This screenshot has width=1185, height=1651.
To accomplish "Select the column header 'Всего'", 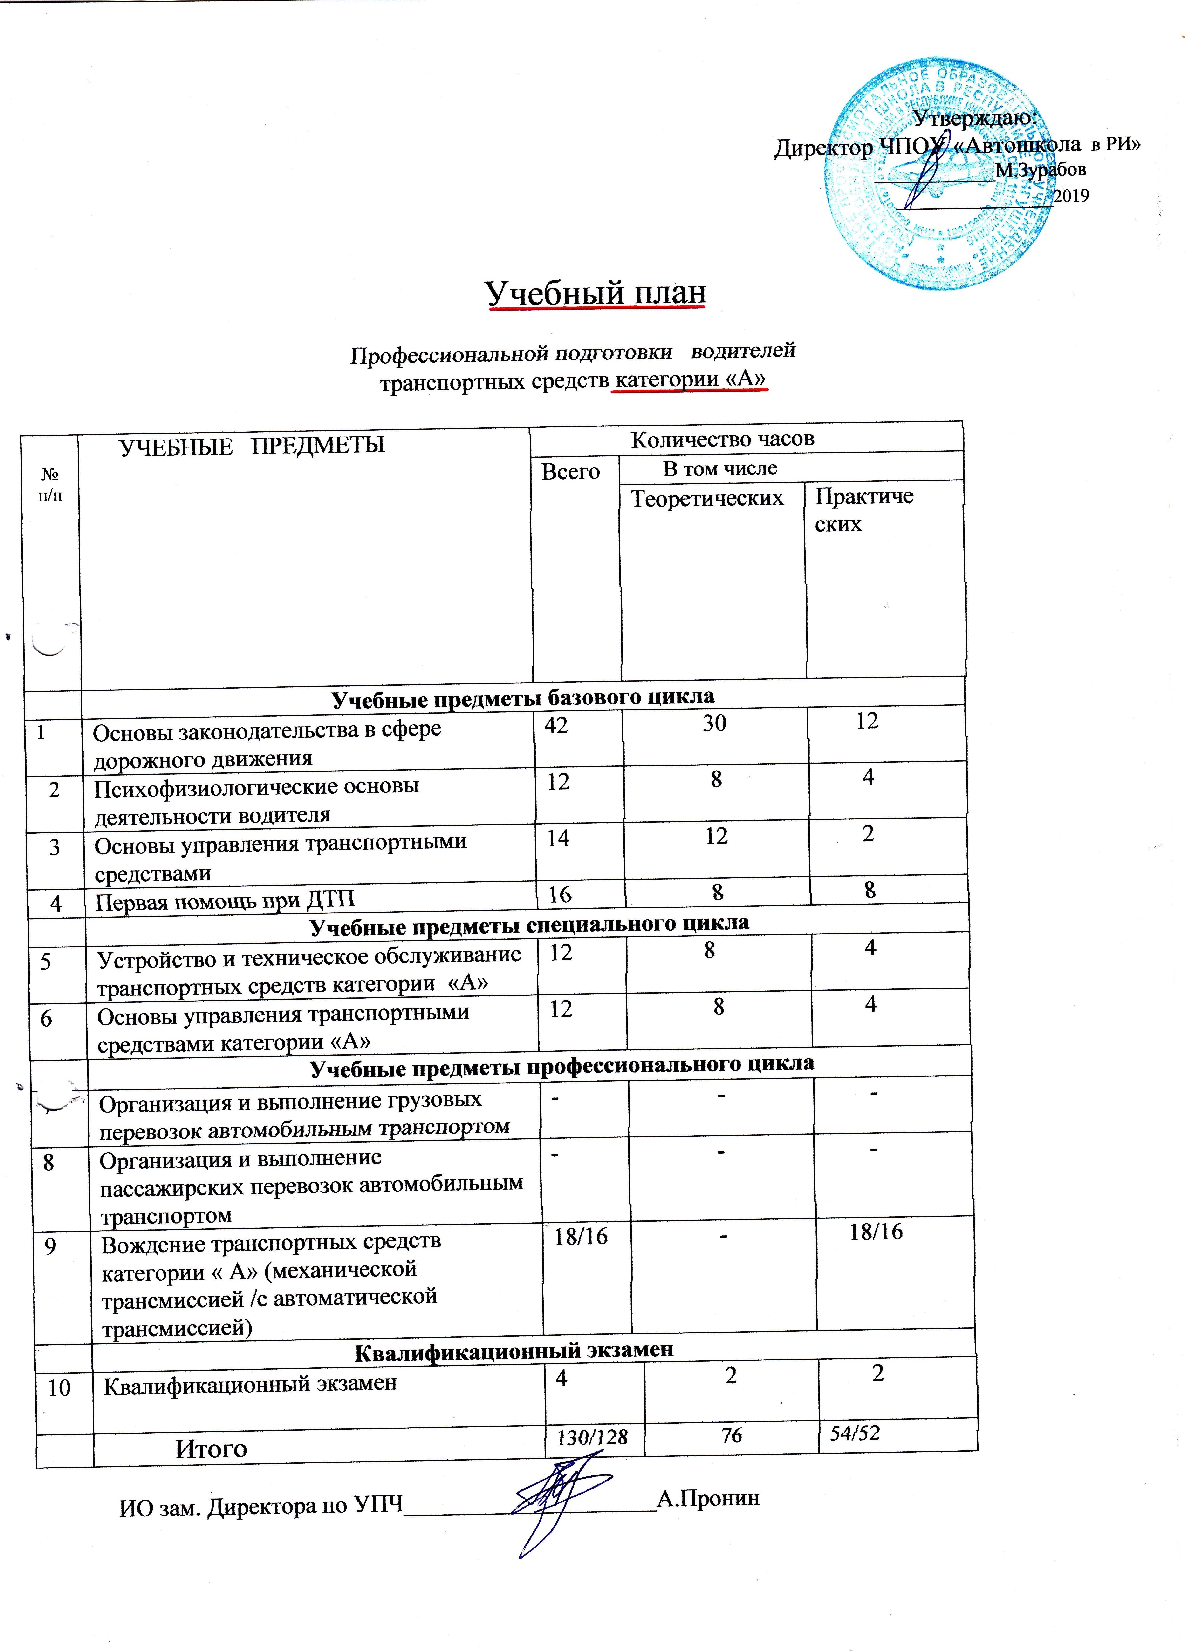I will coord(570,472).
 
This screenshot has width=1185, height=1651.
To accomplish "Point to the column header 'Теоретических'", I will coord(706,499).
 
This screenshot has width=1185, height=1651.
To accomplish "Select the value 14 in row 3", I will coord(558,838).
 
